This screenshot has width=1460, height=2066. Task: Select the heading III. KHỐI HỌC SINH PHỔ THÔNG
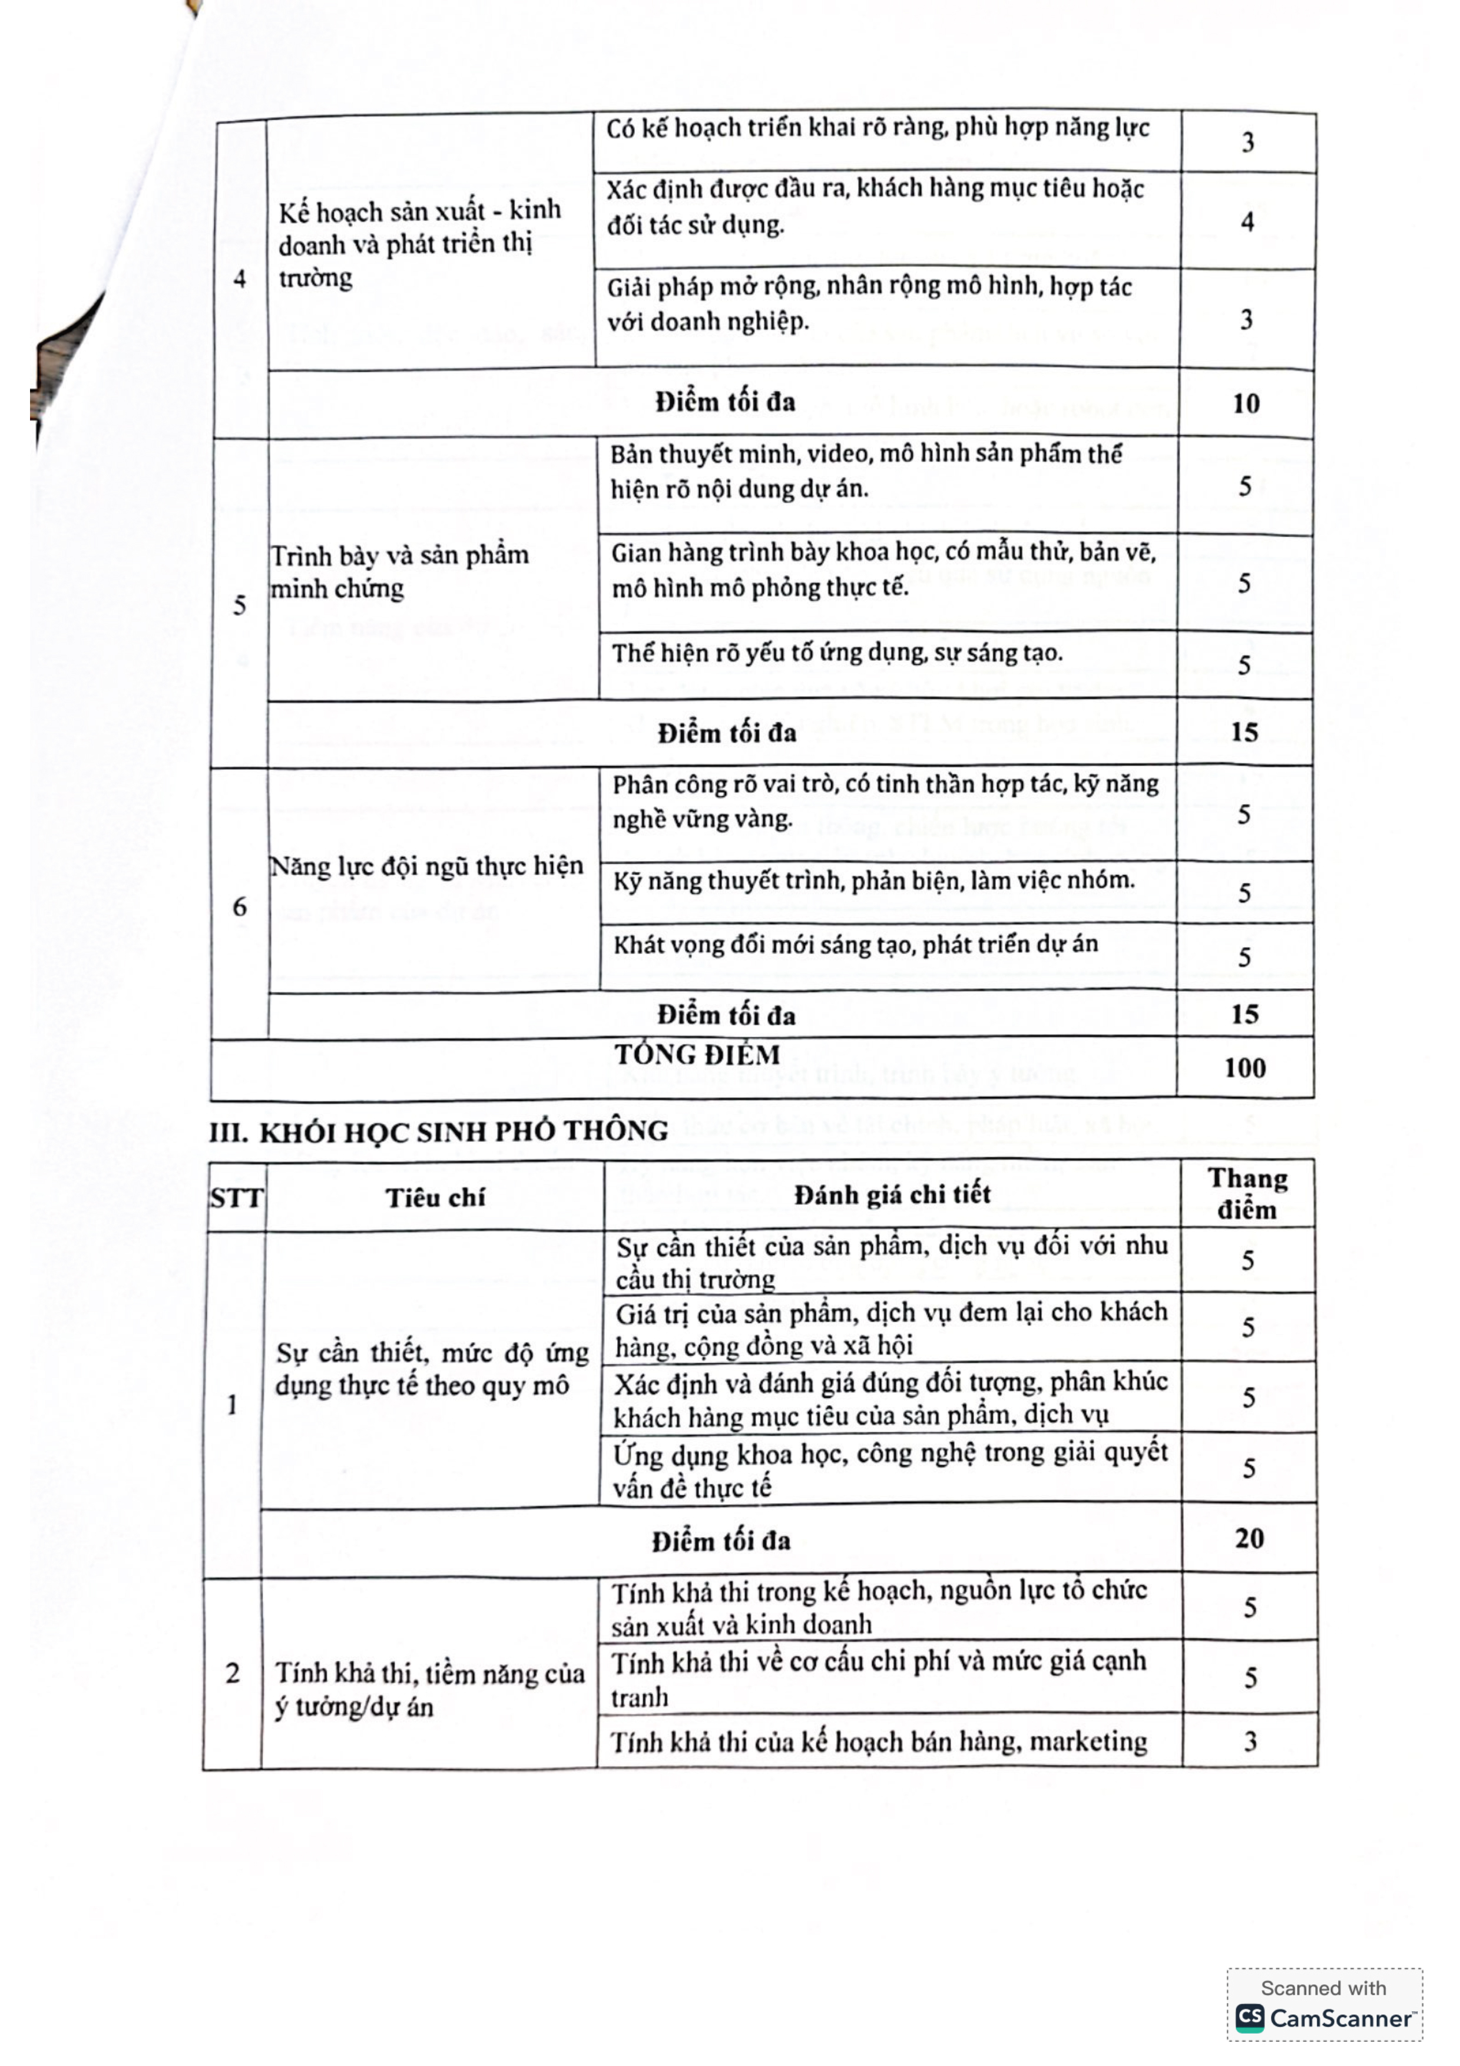coord(438,1131)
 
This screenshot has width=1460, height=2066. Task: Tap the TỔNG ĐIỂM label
coord(697,1055)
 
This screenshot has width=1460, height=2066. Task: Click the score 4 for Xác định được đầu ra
coord(1247,221)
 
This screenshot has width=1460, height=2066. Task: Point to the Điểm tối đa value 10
coord(1245,403)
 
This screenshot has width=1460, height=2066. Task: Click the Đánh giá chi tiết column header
coord(892,1194)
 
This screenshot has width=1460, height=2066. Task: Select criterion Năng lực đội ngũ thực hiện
coord(426,866)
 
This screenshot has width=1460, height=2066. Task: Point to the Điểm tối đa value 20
coord(1249,1538)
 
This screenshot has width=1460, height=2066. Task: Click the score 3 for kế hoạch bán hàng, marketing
coord(1250,1741)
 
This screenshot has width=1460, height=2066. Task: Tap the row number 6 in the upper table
coord(239,906)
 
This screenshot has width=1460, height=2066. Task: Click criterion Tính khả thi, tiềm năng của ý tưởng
coord(429,1689)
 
